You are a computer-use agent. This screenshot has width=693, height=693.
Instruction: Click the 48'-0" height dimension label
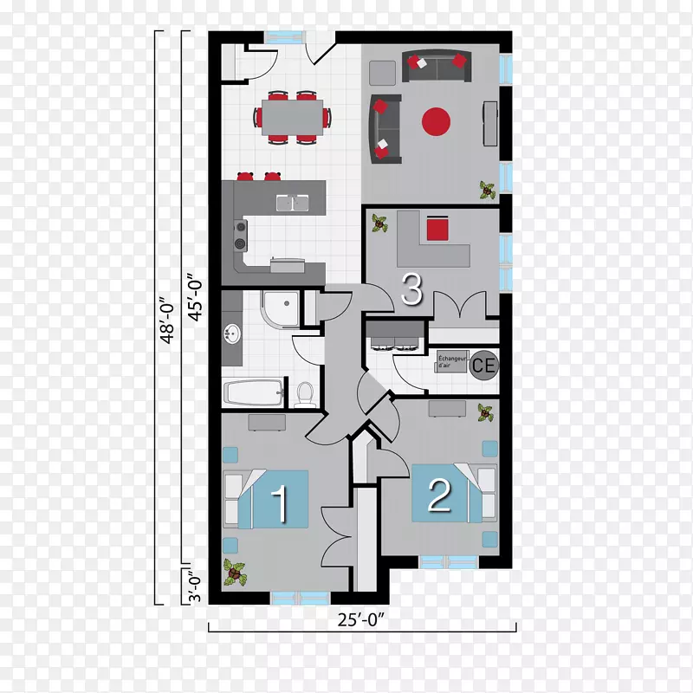[168, 320]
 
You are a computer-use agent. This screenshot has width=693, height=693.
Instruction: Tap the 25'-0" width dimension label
[360, 619]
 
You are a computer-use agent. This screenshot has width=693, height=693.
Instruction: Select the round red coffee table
[436, 121]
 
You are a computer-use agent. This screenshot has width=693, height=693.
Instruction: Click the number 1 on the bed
[279, 504]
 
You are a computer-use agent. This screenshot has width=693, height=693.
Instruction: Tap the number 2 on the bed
[439, 495]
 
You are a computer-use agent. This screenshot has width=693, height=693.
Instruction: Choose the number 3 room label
[412, 289]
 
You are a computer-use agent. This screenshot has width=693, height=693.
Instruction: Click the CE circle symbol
[484, 365]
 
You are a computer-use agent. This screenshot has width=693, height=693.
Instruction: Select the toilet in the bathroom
[305, 394]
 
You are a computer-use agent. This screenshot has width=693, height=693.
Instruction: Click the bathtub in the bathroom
[253, 392]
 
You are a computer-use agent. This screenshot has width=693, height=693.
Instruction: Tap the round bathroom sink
[232, 334]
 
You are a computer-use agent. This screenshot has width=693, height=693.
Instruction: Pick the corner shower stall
[280, 308]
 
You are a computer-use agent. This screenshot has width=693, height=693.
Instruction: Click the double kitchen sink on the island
[293, 204]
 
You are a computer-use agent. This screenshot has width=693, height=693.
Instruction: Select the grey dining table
[293, 118]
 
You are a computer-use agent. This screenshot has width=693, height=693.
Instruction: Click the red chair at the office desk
[437, 229]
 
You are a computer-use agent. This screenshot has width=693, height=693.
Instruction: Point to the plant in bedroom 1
[235, 573]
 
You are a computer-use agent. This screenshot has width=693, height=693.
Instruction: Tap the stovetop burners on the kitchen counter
[241, 235]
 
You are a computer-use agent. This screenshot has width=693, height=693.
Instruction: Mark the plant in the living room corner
[488, 190]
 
